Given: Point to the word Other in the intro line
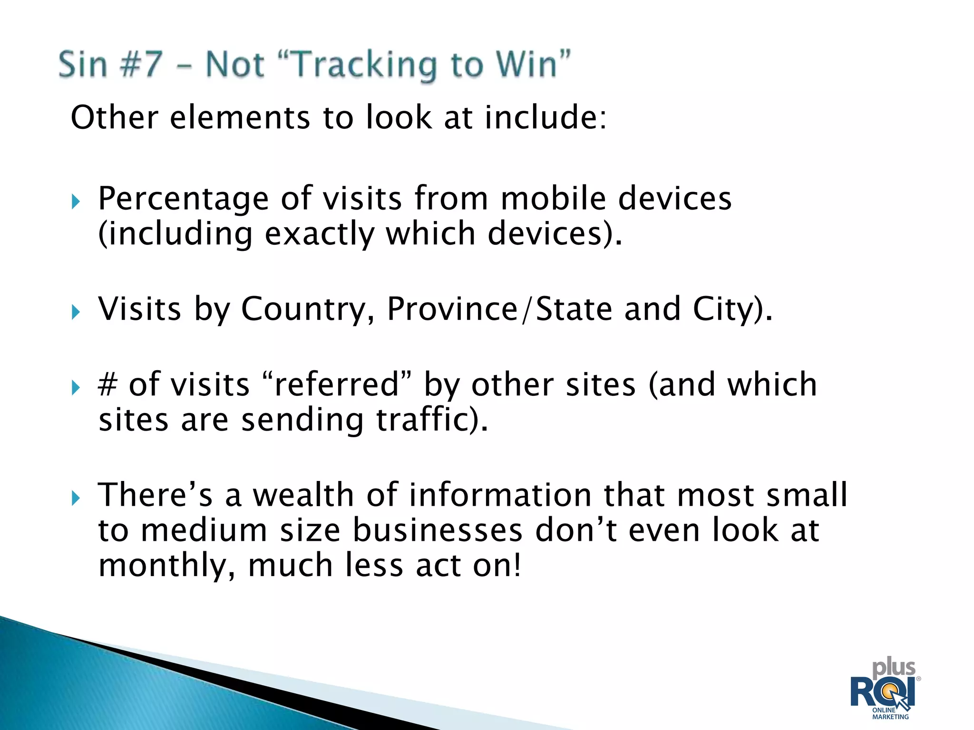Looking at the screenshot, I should [x=114, y=117].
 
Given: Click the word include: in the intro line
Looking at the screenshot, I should [x=545, y=117].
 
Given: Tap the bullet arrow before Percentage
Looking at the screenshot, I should [x=76, y=202].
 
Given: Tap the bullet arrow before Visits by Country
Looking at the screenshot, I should [x=76, y=312].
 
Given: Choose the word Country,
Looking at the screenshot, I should [x=308, y=309].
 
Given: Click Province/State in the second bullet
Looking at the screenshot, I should [x=499, y=309].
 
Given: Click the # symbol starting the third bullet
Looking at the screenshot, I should [x=107, y=384].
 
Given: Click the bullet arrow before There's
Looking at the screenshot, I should [x=76, y=499].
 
